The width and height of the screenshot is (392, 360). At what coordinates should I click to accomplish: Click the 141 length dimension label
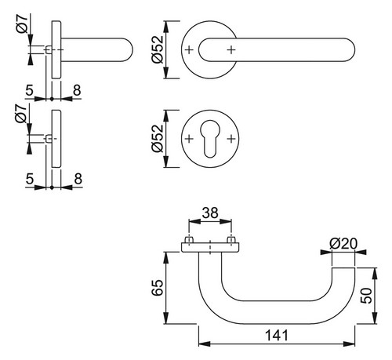tap(277, 335)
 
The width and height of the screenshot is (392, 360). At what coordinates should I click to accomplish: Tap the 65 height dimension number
tap(158, 288)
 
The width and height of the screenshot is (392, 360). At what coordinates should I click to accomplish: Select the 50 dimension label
tap(366, 296)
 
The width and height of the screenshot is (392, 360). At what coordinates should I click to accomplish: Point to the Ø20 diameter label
tap(343, 244)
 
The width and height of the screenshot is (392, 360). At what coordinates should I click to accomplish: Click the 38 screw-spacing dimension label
tap(210, 213)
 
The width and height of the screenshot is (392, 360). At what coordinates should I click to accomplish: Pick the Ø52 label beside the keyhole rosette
tap(158, 138)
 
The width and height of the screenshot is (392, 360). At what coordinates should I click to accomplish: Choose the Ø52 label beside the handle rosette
tap(158, 49)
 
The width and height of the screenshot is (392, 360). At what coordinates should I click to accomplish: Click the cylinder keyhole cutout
tap(209, 139)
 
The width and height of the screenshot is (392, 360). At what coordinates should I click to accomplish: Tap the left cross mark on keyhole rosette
tap(189, 139)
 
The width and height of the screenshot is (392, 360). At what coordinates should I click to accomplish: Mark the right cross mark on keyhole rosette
tap(231, 139)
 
